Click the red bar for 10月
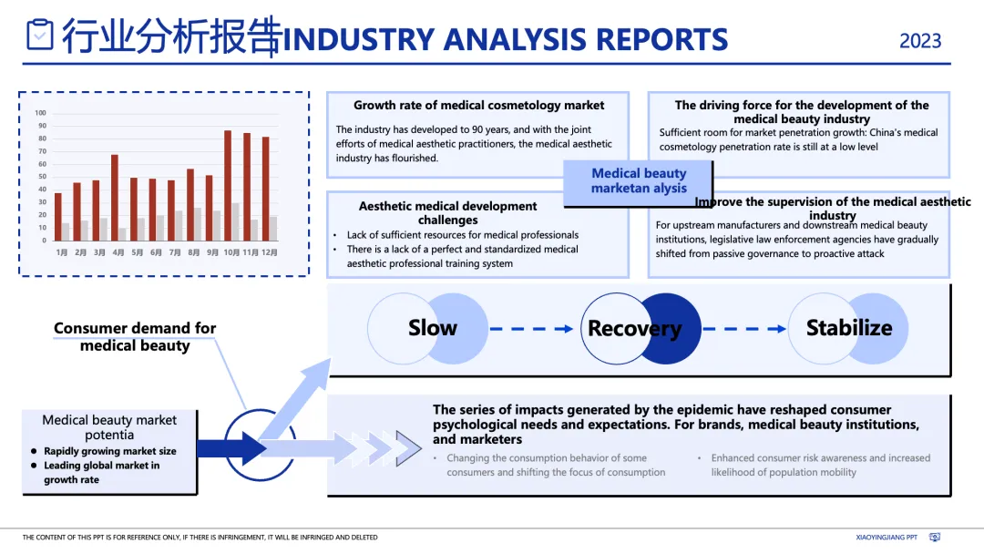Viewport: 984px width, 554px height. [228, 185]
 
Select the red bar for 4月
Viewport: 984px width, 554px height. [115, 197]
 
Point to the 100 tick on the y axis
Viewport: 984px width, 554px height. [40, 113]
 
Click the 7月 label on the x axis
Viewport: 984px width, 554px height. [175, 251]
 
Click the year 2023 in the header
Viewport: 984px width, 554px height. [920, 41]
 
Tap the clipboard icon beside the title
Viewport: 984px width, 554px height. [40, 35]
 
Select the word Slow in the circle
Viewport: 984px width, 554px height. [433, 328]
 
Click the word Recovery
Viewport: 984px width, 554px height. [634, 329]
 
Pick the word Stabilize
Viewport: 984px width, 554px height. [849, 328]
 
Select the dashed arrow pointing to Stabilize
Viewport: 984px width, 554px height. [743, 329]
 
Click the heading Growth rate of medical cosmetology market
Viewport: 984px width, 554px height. [478, 106]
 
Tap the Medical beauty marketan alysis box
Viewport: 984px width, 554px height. [639, 180]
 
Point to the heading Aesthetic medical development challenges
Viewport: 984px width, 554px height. [447, 212]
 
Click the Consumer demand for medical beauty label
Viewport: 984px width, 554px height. [135, 336]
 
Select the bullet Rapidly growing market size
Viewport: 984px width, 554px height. [109, 451]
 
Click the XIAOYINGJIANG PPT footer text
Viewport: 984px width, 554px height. [887, 538]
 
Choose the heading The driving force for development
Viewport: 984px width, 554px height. [802, 111]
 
